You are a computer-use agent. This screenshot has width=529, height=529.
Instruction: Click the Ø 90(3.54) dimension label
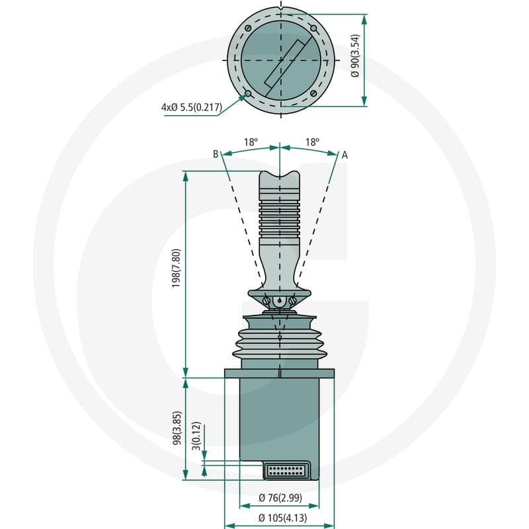coord(355,56)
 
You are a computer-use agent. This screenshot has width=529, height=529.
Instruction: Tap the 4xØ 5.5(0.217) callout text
coord(192,107)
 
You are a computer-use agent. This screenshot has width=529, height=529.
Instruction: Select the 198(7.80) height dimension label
coord(176,268)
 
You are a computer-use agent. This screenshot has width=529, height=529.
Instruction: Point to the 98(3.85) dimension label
coord(177,428)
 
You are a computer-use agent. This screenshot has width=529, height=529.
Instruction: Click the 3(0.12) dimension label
coord(196,436)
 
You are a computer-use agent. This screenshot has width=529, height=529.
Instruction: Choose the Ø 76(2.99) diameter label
coord(280,497)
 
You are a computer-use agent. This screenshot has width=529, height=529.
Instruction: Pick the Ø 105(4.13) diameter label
coord(283,517)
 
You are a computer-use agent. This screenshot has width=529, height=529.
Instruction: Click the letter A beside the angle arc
coord(345,155)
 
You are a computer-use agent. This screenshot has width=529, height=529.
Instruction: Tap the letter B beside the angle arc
coord(216,154)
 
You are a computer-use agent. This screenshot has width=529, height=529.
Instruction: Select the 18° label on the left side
coord(251,142)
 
